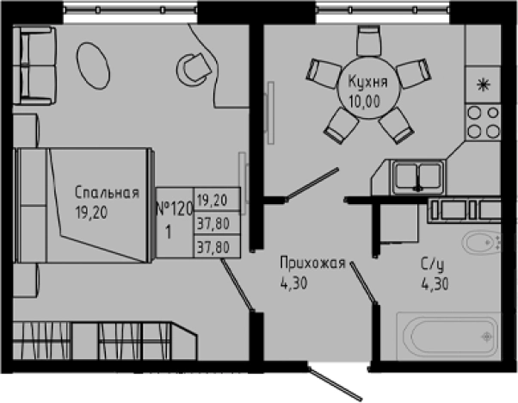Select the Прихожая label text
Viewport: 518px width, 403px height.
click(x=313, y=264)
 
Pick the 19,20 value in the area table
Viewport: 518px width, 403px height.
click(x=213, y=201)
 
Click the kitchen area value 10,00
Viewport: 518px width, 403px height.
click(x=367, y=100)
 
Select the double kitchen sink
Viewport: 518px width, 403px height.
click(x=417, y=177)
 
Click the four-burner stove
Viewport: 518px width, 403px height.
click(x=482, y=121)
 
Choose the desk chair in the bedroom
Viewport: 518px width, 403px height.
click(x=193, y=65)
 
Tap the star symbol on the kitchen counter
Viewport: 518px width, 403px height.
click(x=482, y=84)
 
